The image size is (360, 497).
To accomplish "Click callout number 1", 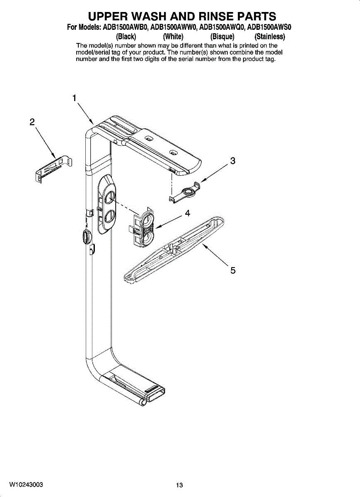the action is click(x=74, y=98).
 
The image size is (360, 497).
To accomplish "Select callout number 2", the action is click(x=32, y=122).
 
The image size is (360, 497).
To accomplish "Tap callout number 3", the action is click(x=232, y=161).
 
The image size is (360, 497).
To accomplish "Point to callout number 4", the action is click(x=188, y=213).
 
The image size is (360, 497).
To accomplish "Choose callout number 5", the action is click(x=233, y=270).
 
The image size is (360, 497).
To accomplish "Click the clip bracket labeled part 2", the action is click(x=54, y=169).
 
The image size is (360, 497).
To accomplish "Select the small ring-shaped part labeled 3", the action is click(x=185, y=192).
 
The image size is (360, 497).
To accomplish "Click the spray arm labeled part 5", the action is click(x=174, y=250).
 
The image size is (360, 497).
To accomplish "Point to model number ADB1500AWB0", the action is click(x=126, y=27).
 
